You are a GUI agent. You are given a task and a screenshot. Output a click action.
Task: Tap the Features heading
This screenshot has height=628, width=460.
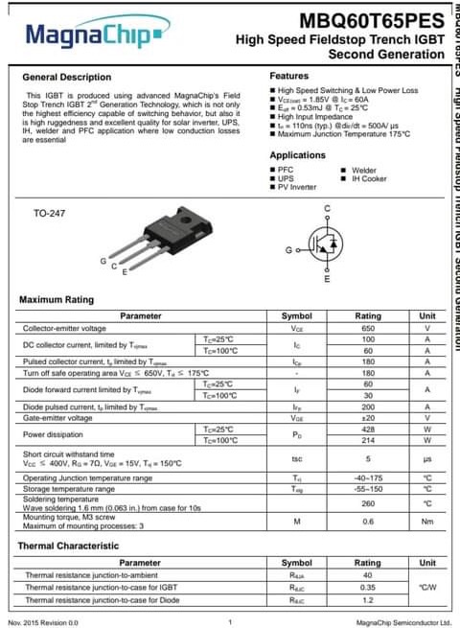[288, 75]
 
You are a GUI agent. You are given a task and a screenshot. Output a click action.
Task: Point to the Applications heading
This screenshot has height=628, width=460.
[297, 154]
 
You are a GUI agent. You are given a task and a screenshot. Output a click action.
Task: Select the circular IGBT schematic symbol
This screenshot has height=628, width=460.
[326, 245]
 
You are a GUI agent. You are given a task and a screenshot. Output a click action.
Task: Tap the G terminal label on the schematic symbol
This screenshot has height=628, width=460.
[288, 249]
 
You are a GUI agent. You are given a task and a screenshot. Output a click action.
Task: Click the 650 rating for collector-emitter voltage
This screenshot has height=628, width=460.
[368, 328]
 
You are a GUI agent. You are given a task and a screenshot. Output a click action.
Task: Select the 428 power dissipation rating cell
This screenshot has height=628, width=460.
[368, 429]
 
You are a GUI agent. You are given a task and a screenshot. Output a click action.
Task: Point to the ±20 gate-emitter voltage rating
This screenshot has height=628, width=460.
[368, 418]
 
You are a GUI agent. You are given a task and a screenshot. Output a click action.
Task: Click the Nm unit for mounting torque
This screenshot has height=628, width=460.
[427, 522]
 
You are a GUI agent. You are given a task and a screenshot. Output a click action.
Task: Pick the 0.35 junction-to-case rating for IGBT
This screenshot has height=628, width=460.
[368, 587]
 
